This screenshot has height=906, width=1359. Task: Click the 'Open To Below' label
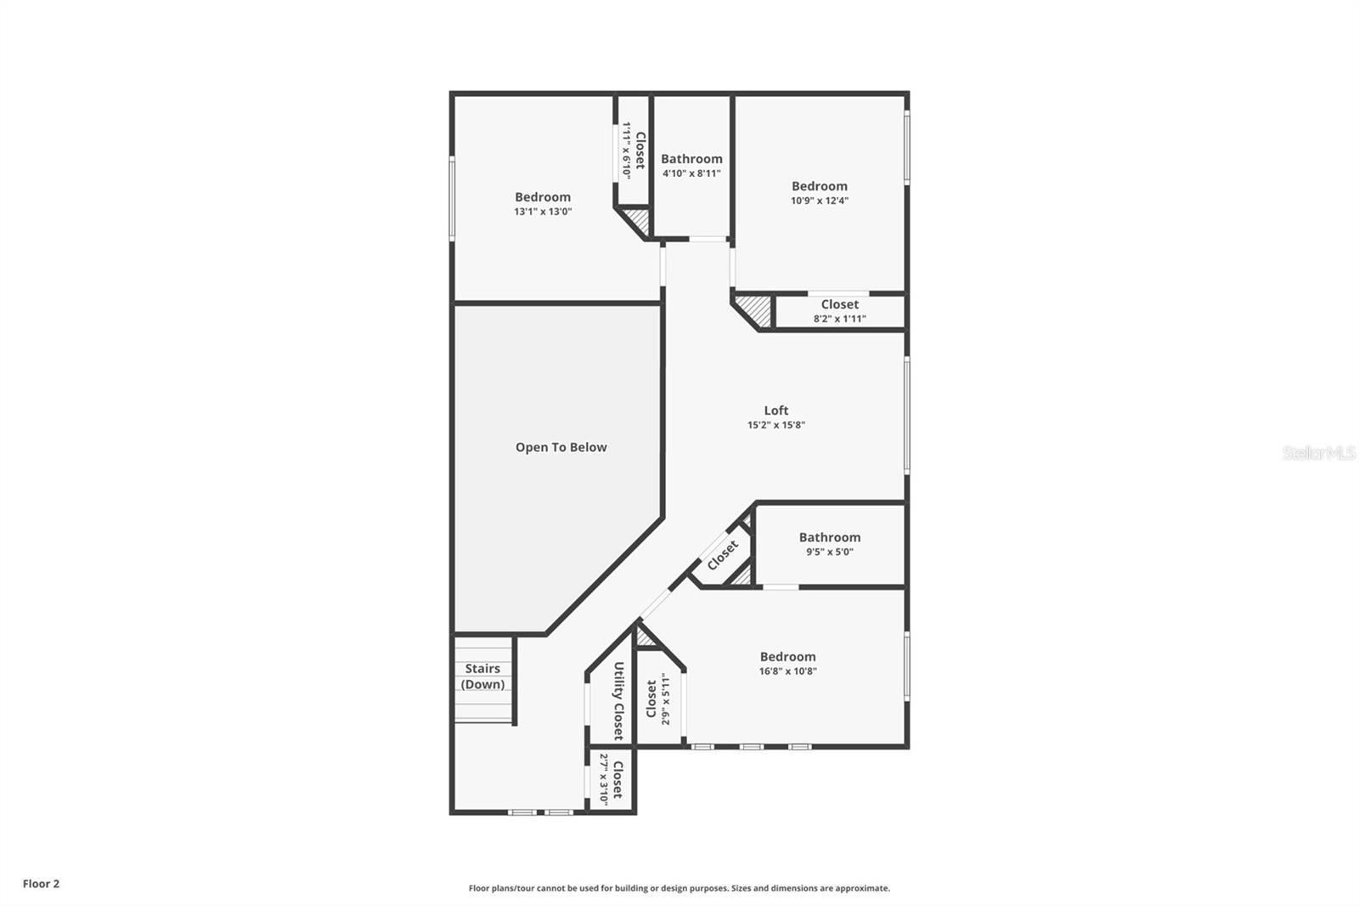pyautogui.click(x=561, y=447)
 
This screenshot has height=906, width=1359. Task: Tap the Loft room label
pyautogui.click(x=775, y=411)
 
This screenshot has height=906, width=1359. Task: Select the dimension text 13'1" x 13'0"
pyautogui.click(x=543, y=212)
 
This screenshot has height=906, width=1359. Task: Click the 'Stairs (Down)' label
pyautogui.click(x=482, y=677)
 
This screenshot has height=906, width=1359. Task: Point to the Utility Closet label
pyautogui.click(x=618, y=700)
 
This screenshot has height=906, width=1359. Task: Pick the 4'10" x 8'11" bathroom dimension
pyautogui.click(x=691, y=173)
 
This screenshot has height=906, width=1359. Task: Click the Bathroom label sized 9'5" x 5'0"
pyautogui.click(x=829, y=537)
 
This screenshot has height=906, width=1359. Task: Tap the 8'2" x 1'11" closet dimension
pyautogui.click(x=839, y=319)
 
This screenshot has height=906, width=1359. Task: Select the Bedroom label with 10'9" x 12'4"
pyautogui.click(x=819, y=186)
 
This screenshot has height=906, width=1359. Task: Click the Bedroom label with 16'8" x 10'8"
pyautogui.click(x=787, y=656)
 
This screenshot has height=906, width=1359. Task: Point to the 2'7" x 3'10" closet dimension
pyautogui.click(x=604, y=779)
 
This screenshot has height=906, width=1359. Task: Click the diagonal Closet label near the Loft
pyautogui.click(x=723, y=556)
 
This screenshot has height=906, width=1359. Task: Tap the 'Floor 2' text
pyautogui.click(x=41, y=884)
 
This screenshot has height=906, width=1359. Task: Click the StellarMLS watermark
pyautogui.click(x=1318, y=453)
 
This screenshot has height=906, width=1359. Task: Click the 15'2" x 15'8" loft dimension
pyautogui.click(x=775, y=425)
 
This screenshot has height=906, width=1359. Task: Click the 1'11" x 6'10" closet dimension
pyautogui.click(x=627, y=150)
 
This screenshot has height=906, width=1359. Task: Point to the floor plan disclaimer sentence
pyautogui.click(x=679, y=888)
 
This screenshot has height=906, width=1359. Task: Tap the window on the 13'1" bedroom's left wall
pyautogui.click(x=452, y=197)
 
